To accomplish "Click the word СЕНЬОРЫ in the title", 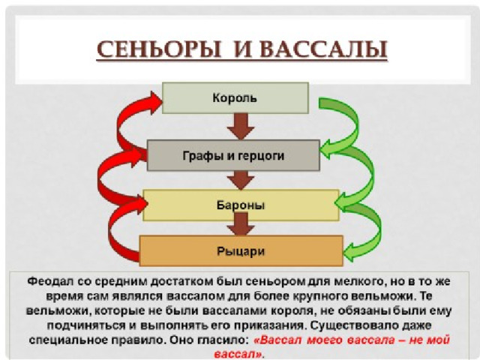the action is (158, 49).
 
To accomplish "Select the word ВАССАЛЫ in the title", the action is (323, 49).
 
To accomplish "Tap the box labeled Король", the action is (235, 98).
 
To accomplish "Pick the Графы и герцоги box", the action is (233, 155).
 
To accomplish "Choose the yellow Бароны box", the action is (241, 205).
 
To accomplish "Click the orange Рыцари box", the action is (241, 251).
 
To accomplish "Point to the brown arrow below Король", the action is (241, 127).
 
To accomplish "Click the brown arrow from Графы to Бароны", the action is (241, 180).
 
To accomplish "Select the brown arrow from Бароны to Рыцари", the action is (241, 224).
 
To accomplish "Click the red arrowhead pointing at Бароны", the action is (140, 203).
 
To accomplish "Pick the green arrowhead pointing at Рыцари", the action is (349, 252).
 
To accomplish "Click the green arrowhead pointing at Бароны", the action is (341, 202).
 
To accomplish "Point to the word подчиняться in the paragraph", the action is (86, 325).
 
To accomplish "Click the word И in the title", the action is (240, 49).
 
